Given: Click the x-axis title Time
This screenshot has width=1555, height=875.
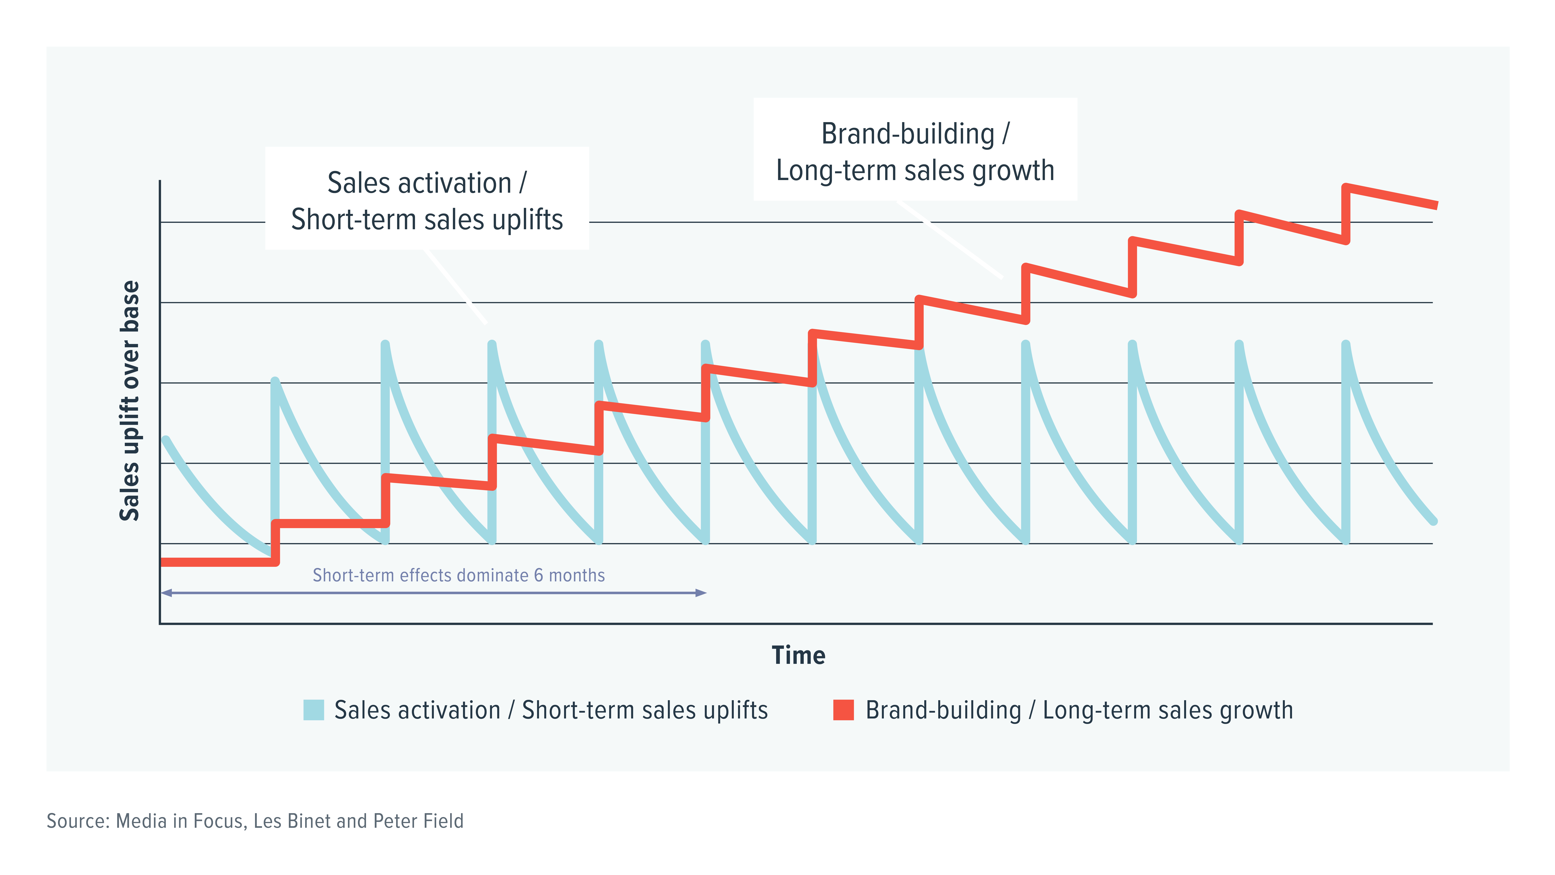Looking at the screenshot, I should point(798,655).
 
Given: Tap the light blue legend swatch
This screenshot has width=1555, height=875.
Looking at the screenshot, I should point(313,710).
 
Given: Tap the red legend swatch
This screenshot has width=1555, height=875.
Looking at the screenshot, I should point(843,710).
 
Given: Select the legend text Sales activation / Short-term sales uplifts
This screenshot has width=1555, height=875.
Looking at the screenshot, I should point(550,710).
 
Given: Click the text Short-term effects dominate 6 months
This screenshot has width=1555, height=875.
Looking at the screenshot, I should point(458,576).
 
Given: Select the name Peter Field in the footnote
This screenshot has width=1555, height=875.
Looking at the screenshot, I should point(418,821).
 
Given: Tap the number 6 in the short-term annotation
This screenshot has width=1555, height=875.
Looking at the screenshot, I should point(538,576).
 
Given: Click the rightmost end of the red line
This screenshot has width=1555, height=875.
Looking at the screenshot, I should point(1436,205).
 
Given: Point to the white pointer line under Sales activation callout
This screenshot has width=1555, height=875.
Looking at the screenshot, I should point(456,287).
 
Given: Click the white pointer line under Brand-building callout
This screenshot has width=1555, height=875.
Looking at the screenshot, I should point(951,240).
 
